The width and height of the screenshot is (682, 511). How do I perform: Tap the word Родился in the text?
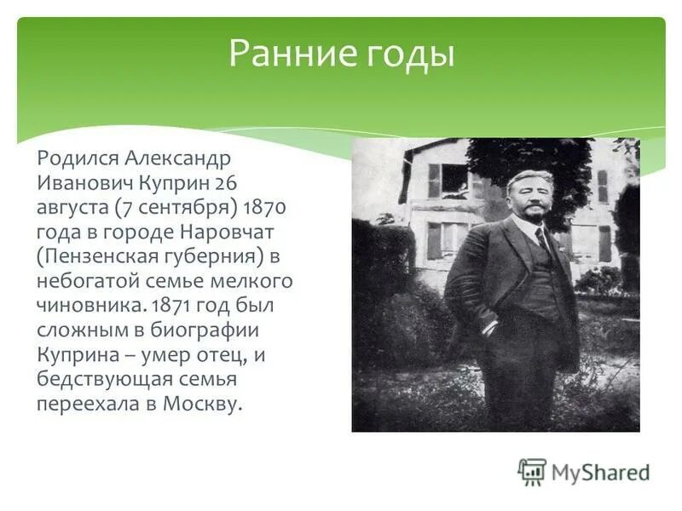pyautogui.click(x=78, y=158)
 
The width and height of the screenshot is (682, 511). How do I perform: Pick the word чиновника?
pyautogui.click(x=80, y=305)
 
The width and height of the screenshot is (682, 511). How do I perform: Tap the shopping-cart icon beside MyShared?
pyautogui.click(x=533, y=472)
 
